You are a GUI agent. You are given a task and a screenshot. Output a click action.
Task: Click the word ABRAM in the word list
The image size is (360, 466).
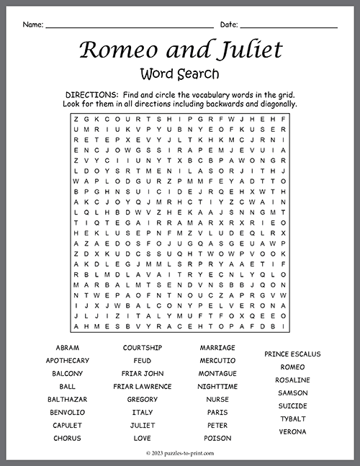pyautogui.click(x=67, y=347)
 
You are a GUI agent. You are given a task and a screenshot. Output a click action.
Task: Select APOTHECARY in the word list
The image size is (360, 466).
pyautogui.click(x=67, y=360)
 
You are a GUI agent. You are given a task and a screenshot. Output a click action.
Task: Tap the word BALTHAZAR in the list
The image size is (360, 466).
pyautogui.click(x=67, y=399)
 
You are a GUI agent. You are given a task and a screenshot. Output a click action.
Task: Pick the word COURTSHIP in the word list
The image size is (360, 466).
pyautogui.click(x=143, y=347)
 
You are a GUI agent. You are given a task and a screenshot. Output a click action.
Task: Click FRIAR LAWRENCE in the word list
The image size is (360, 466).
pyautogui.click(x=143, y=386)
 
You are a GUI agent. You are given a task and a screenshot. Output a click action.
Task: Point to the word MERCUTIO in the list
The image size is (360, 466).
pyautogui.click(x=217, y=360)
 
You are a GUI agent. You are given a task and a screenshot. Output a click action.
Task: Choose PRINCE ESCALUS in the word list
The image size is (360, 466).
pyautogui.click(x=293, y=354)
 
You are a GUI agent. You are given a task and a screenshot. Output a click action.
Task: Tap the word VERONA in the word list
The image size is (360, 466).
pyautogui.click(x=293, y=431)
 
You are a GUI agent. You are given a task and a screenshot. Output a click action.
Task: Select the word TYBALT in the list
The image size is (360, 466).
pyautogui.click(x=293, y=418)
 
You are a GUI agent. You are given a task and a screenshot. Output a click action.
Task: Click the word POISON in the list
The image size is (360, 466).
pyautogui.click(x=217, y=438)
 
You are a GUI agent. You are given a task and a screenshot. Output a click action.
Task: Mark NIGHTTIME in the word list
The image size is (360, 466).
pyautogui.click(x=217, y=386)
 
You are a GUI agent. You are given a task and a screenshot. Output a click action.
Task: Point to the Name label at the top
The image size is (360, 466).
pyautogui.click(x=32, y=24)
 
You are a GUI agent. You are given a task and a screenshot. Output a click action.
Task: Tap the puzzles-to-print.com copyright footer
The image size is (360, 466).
pyautogui.click(x=180, y=453)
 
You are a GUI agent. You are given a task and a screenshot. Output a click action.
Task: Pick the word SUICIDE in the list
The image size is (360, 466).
pyautogui.click(x=293, y=405)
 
